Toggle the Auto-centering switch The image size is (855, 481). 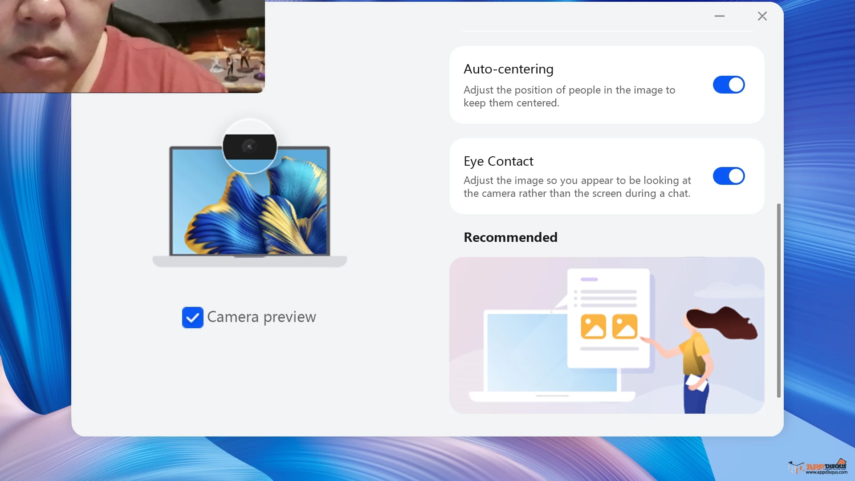point(729,85)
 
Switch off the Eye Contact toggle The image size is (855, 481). point(729,176)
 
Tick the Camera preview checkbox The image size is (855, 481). point(192,318)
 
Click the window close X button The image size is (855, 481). point(762,16)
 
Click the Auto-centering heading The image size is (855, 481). point(509,69)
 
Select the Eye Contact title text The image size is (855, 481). point(498,161)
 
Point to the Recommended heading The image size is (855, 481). point(510,237)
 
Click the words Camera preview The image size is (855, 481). point(261,317)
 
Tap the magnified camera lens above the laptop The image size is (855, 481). point(249,147)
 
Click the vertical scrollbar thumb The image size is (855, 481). point(779,301)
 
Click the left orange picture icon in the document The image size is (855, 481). point(593,326)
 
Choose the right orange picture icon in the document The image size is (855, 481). point(625,326)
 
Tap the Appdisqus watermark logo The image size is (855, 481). point(818,467)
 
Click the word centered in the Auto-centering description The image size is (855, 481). point(537,103)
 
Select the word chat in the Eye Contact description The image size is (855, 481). point(679,193)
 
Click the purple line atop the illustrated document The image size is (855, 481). point(589,280)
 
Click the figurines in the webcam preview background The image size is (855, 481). point(238,61)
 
